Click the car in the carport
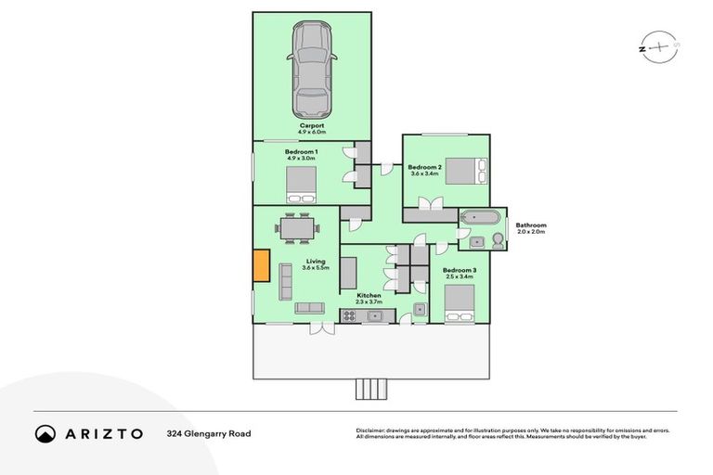[x=312, y=70]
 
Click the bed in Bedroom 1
[x=301, y=183]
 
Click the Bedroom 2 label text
[x=424, y=169]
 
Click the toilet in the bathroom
[x=498, y=240]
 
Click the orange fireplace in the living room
[x=262, y=266]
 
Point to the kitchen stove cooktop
[x=350, y=315]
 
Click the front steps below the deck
[x=369, y=389]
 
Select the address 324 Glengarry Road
[x=209, y=433]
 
